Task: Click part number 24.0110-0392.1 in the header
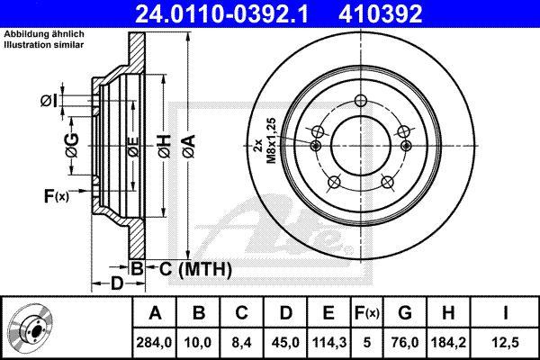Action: coord(221,13)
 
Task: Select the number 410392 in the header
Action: coord(381,13)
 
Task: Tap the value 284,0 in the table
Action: coord(154,343)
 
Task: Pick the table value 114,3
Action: coord(329,343)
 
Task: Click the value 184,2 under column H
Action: coord(448,343)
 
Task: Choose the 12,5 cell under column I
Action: coord(506,343)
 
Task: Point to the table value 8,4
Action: coord(242,343)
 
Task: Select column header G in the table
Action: coord(405,313)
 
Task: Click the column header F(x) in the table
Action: coord(367,313)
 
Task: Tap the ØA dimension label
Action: coord(189,147)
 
